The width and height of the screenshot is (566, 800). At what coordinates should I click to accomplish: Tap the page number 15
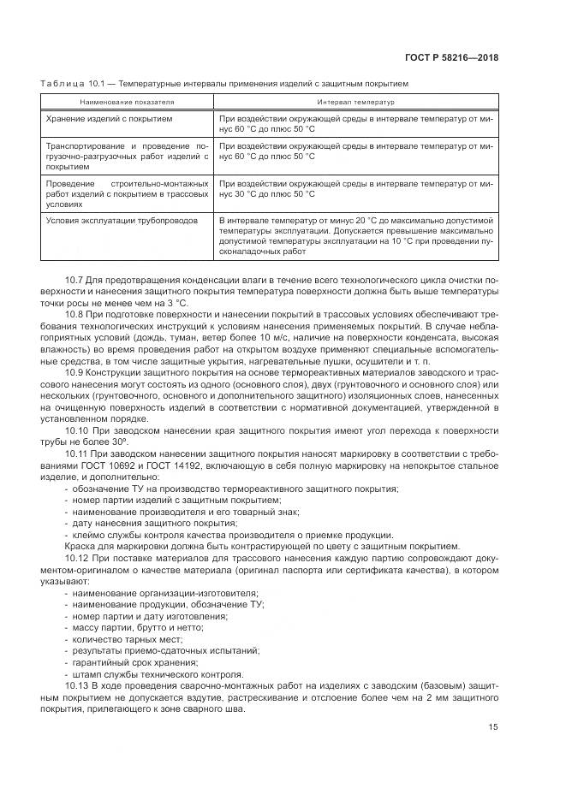point(493,727)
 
